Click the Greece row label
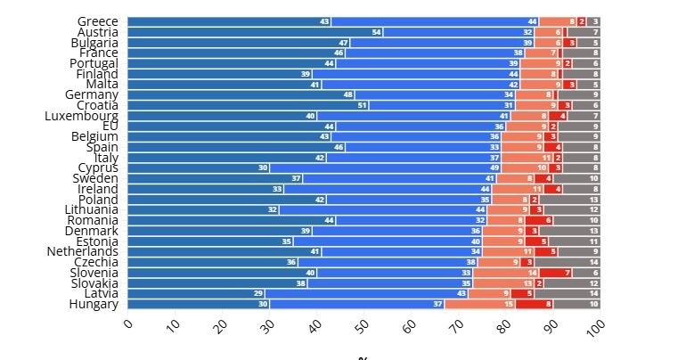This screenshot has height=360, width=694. [97, 21]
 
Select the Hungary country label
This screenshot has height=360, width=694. [94, 304]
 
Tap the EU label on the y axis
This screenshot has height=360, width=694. [110, 126]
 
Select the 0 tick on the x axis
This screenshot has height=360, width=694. [128, 326]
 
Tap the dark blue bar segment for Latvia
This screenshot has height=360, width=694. [196, 293]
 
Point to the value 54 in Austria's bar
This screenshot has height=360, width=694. [376, 32]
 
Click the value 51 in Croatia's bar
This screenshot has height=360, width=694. [362, 105]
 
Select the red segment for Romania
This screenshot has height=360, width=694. [539, 220]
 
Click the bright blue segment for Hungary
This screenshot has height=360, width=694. [357, 304]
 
